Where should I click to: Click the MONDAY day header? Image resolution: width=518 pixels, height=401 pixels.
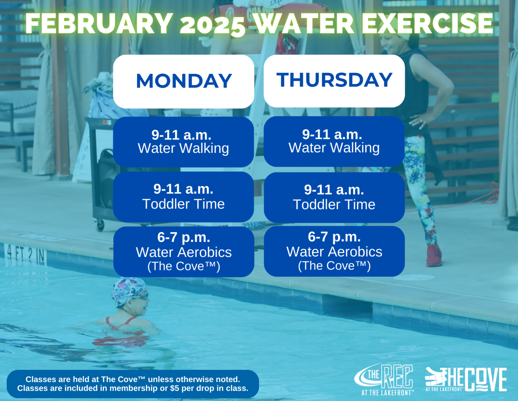[183, 81]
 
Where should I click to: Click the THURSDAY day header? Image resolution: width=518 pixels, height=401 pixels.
[334, 81]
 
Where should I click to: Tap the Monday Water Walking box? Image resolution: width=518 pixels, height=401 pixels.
[183, 142]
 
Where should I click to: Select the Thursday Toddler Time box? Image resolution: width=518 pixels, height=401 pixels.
[334, 198]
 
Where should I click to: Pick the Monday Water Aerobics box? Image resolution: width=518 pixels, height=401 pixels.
[183, 252]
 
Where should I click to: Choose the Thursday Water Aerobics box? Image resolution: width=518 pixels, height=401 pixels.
[334, 251]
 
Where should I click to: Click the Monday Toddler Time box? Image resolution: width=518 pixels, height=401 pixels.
[183, 197]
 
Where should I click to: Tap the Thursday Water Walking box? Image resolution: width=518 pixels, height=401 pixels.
[334, 142]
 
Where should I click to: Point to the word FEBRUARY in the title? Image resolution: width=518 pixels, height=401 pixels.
[99, 24]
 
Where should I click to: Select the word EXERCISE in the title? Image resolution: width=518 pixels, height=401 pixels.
[427, 24]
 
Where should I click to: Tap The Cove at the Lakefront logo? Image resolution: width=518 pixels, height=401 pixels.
[466, 379]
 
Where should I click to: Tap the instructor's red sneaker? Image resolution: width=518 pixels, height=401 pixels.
[434, 255]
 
